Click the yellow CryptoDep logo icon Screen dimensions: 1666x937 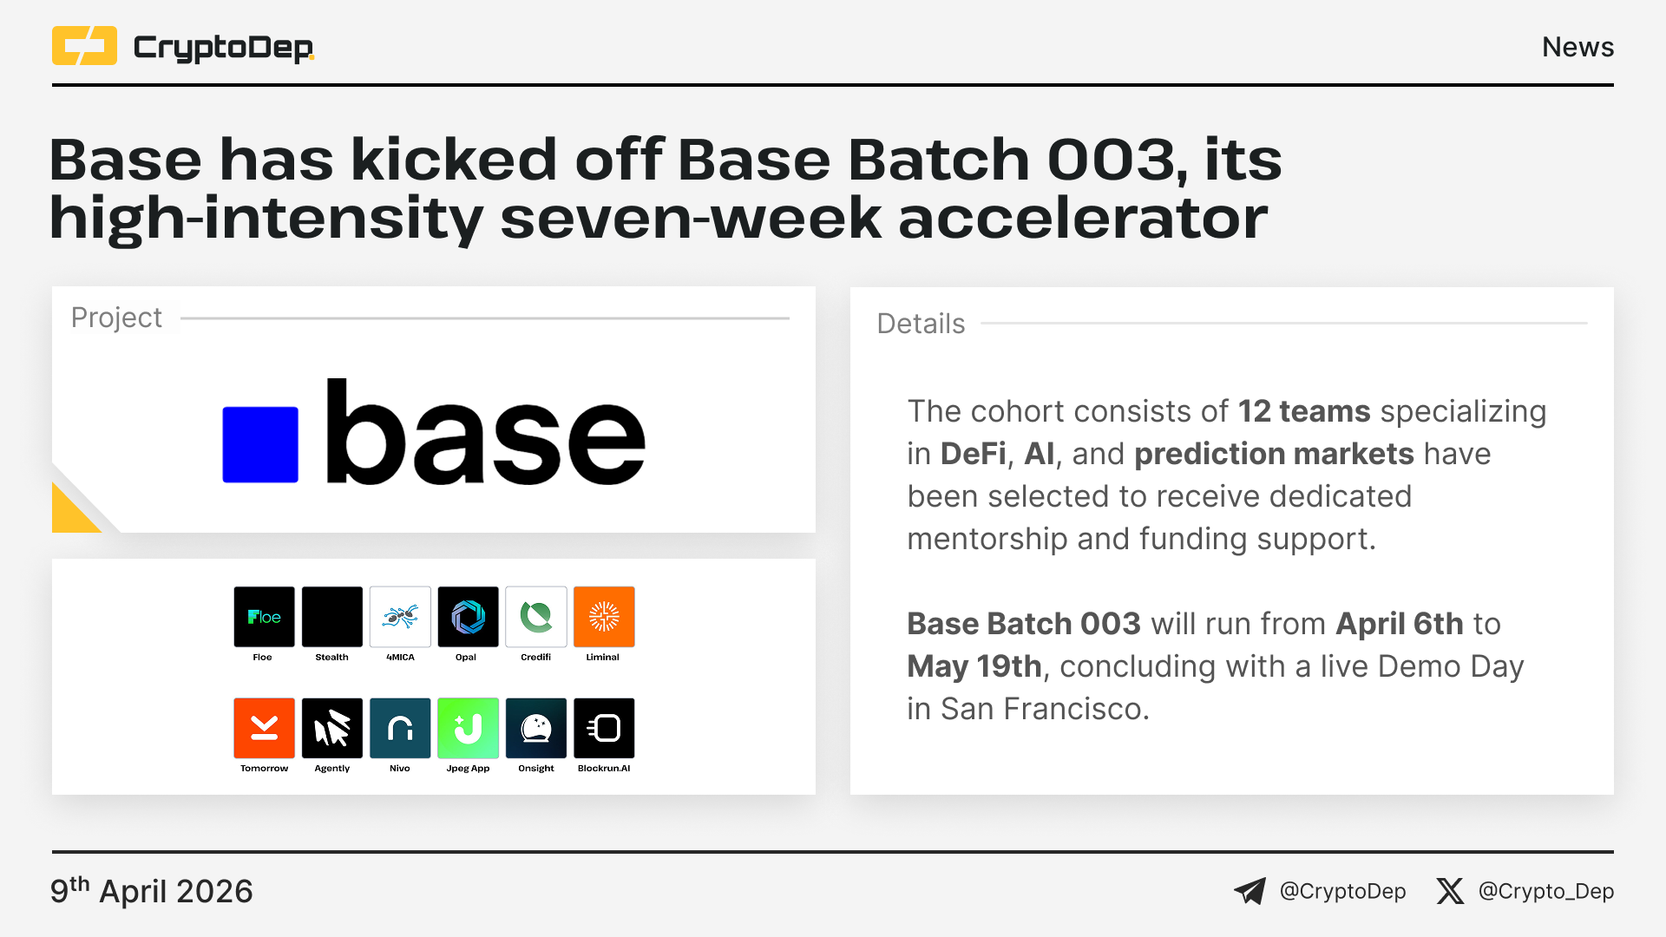[x=84, y=46]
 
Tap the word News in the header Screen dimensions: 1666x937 [x=1577, y=47]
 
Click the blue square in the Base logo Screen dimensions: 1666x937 [x=260, y=444]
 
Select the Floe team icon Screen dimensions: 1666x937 [x=264, y=617]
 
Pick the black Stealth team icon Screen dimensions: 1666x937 [x=332, y=617]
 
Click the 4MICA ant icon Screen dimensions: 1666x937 [x=400, y=617]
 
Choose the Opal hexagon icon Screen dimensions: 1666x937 [x=469, y=617]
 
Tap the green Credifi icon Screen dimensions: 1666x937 [x=536, y=617]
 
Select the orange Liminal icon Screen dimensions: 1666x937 [x=604, y=617]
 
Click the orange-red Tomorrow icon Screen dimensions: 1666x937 [x=264, y=728]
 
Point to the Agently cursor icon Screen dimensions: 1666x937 [x=332, y=728]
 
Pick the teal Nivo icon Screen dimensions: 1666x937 [x=400, y=728]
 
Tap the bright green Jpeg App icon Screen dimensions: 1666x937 [x=469, y=728]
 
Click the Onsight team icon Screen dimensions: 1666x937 [x=536, y=728]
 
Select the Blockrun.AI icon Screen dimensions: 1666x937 [x=604, y=728]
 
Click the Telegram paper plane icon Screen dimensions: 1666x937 [x=1250, y=891]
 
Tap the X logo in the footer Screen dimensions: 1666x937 [x=1450, y=891]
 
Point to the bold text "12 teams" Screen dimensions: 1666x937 [x=1304, y=411]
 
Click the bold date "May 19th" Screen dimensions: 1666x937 [x=974, y=666]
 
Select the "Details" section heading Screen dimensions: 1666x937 [x=921, y=324]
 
